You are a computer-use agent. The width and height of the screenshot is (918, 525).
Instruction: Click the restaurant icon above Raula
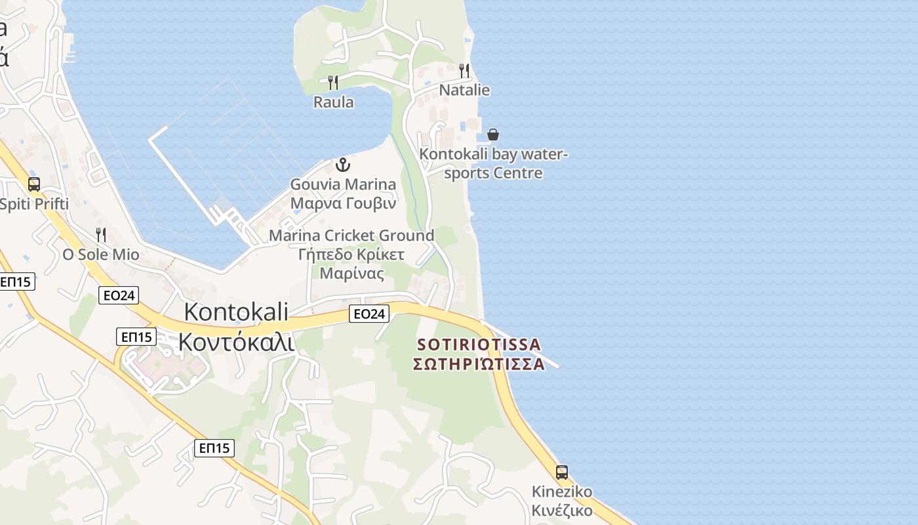click(333, 82)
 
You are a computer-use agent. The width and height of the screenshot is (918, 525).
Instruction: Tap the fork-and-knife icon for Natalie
click(464, 70)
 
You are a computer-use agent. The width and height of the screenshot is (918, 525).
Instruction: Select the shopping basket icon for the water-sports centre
click(493, 135)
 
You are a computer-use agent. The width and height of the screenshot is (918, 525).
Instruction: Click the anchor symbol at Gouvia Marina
click(343, 164)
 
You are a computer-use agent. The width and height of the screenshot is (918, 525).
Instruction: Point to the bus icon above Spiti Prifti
click(34, 184)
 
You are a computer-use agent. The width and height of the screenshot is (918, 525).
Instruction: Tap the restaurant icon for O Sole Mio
click(101, 234)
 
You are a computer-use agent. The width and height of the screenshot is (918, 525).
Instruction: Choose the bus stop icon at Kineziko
click(562, 472)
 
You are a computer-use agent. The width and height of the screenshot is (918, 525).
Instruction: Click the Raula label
click(333, 102)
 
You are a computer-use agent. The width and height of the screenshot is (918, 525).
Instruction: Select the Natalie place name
click(464, 90)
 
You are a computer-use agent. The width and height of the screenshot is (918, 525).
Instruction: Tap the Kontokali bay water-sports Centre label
click(494, 163)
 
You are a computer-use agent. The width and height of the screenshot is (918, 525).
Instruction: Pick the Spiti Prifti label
click(34, 204)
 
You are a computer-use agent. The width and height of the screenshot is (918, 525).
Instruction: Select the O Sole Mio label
click(101, 254)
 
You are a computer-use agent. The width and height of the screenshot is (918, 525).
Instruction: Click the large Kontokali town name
click(236, 327)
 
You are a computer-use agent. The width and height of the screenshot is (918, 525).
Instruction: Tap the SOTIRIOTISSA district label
click(479, 354)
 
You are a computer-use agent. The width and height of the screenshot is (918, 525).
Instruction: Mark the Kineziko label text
click(562, 501)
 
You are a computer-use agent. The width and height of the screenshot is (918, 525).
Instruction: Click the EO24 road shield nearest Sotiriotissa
click(369, 314)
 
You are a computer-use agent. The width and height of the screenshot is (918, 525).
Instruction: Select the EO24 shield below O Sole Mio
click(119, 295)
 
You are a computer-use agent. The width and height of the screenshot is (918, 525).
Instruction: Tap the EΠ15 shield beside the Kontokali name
click(136, 337)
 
